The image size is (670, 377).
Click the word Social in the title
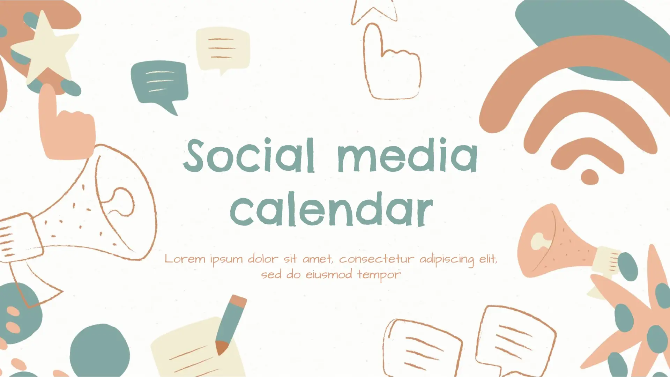(x=249, y=155)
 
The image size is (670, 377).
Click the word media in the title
(x=408, y=155)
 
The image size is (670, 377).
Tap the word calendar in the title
(x=332, y=209)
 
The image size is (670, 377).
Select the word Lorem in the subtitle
(x=185, y=259)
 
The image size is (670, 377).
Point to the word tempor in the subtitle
(x=379, y=275)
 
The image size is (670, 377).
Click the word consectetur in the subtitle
(x=377, y=259)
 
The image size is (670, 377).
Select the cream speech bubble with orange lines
(x=223, y=50)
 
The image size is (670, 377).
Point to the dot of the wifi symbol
(x=590, y=177)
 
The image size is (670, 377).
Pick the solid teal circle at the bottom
(x=100, y=351)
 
